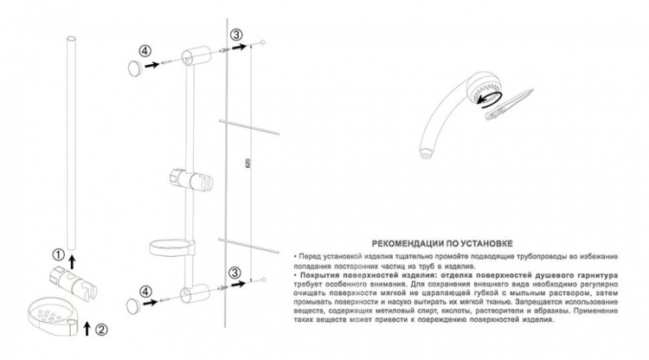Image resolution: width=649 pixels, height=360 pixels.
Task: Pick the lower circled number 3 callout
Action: [235, 271]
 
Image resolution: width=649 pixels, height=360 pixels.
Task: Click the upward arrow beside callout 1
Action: [72, 255]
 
